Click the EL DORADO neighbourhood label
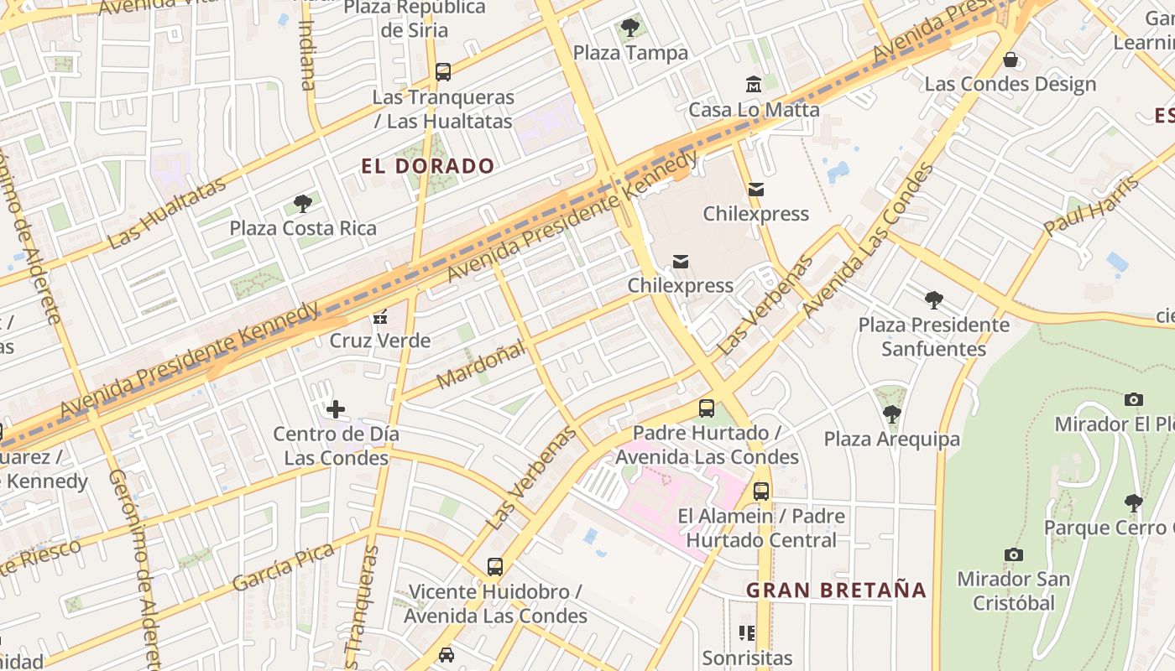(428, 166)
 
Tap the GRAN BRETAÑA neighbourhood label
(836, 590)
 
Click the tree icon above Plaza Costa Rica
(303, 204)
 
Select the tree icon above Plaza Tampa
(630, 29)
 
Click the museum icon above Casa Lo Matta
(754, 85)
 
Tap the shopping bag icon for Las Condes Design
(1010, 60)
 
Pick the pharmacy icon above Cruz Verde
(380, 317)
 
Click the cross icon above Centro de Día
(336, 409)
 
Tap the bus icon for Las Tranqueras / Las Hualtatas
(443, 72)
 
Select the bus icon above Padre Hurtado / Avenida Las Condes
(707, 408)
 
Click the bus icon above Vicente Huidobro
(495, 567)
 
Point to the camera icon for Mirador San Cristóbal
(1014, 554)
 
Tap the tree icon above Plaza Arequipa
(891, 414)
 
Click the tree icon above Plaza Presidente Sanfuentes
(933, 300)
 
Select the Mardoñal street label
(481, 363)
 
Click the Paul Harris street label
(1092, 205)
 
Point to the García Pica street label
(284, 567)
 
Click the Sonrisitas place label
(747, 658)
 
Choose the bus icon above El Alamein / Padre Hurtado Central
(761, 492)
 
